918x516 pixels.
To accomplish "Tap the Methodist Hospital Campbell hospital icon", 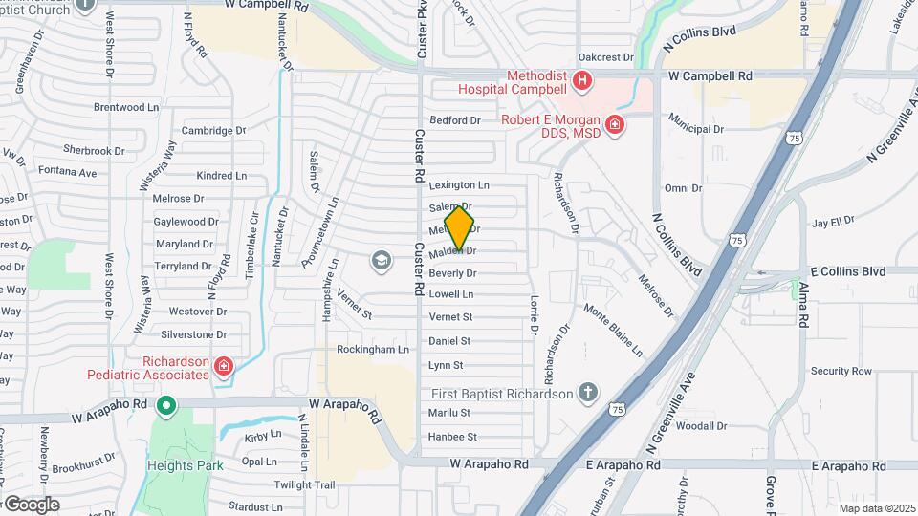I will click(x=581, y=79).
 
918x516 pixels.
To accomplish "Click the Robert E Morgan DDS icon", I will click(x=615, y=124).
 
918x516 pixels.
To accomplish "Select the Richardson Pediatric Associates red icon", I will click(x=223, y=366).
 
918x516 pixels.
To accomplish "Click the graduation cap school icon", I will click(x=381, y=261).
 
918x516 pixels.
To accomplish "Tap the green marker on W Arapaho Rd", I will click(x=166, y=407).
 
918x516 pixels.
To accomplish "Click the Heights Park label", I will click(x=185, y=465).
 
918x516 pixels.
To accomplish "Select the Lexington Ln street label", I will click(x=459, y=184).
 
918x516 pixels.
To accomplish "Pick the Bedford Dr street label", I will click(x=455, y=120).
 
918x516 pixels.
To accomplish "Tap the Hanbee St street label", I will click(x=452, y=437).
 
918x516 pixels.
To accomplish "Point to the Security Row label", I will click(x=841, y=371).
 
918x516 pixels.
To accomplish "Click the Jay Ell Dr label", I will click(x=832, y=222).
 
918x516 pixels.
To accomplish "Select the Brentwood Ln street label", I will click(x=126, y=108).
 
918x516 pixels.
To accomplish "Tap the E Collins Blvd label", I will click(x=848, y=271).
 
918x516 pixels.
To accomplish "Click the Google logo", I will click(x=31, y=505).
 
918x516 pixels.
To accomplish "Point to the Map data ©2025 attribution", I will click(x=876, y=508).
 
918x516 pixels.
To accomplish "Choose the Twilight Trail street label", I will click(x=305, y=484).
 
